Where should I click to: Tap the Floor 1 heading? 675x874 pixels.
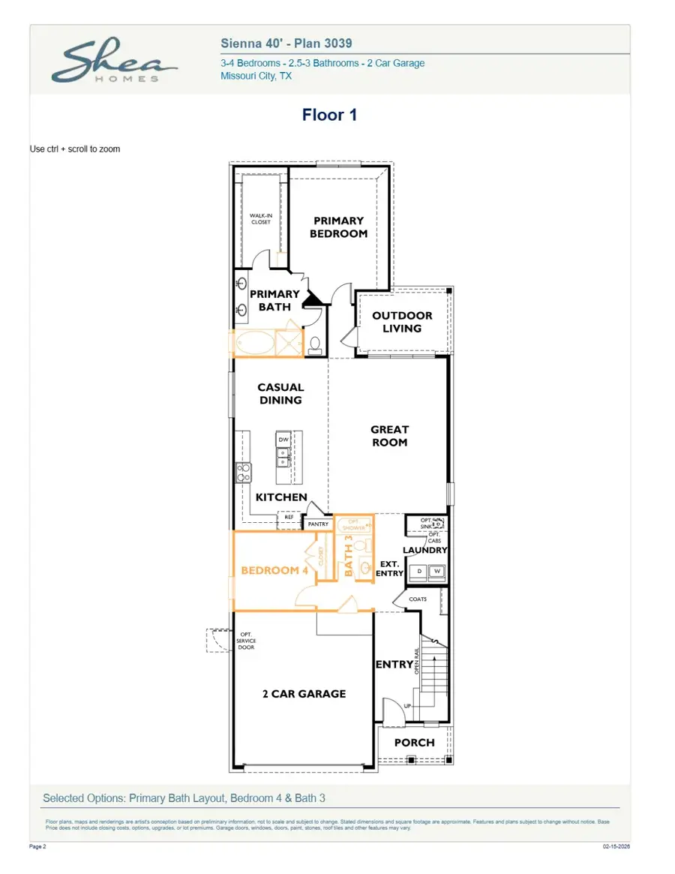coord(329,115)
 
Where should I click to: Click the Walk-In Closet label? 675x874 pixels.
coord(260,218)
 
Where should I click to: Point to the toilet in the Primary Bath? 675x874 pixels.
coord(315,344)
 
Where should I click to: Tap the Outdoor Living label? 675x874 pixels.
coord(402,322)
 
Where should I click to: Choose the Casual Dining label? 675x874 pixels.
coord(280,394)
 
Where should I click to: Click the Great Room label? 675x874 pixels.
coord(389,436)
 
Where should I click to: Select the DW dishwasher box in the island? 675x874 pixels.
coord(283,440)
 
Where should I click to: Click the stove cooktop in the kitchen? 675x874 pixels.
coord(244,472)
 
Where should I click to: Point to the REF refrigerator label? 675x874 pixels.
coord(289,517)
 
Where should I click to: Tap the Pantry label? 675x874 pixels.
coord(318,524)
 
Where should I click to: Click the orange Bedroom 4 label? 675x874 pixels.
coord(274,570)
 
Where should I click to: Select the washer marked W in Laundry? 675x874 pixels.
coord(437,572)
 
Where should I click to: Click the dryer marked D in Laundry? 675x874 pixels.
coord(419,572)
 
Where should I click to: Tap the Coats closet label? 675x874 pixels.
coord(418,599)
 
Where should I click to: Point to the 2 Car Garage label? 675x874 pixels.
coord(304,694)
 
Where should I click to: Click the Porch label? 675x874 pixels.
coord(414,743)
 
